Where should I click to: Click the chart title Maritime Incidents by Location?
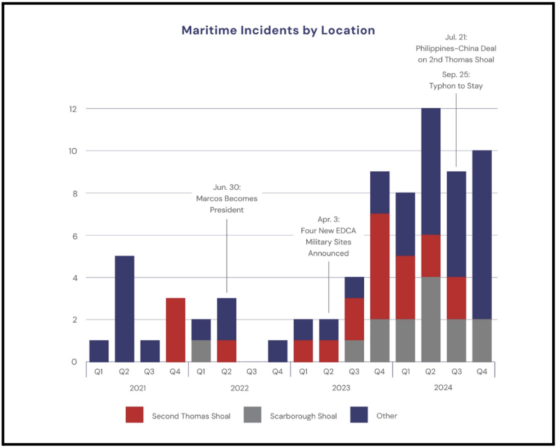pyautogui.click(x=278, y=30)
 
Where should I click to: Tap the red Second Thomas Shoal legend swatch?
pyautogui.click(x=134, y=416)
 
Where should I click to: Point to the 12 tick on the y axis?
pyautogui.click(x=73, y=109)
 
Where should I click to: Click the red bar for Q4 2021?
pyautogui.click(x=176, y=330)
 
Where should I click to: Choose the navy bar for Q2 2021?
pyautogui.click(x=124, y=309)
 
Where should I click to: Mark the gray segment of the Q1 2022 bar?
pyautogui.click(x=201, y=351)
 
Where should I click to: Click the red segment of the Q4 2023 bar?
pyautogui.click(x=380, y=266)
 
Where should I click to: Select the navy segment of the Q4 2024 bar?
pyautogui.click(x=482, y=235)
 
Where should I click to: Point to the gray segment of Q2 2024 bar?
pyautogui.click(x=430, y=319)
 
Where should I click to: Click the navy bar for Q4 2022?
pyautogui.click(x=277, y=351)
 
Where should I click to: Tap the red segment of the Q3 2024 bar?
pyautogui.click(x=456, y=298)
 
